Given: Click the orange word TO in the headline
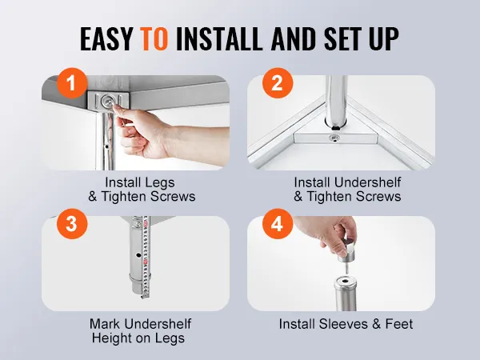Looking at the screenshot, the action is tap(154, 39).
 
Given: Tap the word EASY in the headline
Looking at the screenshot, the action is tap(106, 39).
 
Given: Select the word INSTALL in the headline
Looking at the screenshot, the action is tap(219, 39).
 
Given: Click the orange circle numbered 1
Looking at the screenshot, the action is tap(71, 83).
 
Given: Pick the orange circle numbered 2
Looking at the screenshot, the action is tap(278, 83).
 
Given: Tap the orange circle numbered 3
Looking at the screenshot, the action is tap(72, 224).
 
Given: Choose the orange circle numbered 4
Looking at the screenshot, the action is tap(278, 224).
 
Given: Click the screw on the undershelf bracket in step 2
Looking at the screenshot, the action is tap(334, 138).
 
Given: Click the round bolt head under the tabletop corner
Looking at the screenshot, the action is tap(107, 100).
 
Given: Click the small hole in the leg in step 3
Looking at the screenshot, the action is tap(138, 255).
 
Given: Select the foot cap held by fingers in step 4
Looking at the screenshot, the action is tap(348, 250).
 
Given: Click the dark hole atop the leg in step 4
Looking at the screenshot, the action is tap(346, 280).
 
